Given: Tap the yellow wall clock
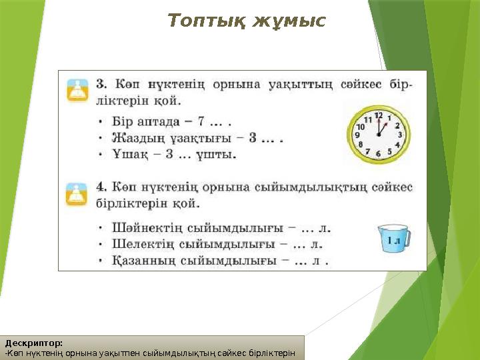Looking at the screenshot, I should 378,133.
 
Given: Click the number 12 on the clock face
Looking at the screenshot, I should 378,115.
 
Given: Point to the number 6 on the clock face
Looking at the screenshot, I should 378,154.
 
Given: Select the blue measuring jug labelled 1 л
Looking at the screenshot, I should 393,239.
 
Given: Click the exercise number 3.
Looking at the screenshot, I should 102,85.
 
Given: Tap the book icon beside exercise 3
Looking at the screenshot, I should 78,89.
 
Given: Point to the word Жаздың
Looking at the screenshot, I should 134,138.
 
